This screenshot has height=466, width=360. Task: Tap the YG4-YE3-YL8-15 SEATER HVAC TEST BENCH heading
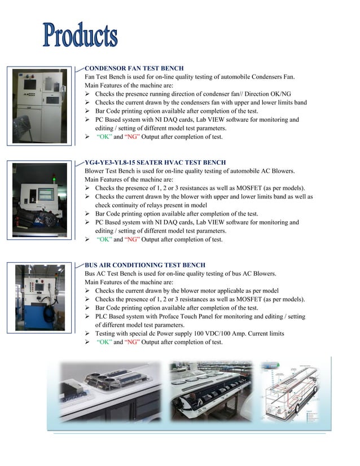(155, 162)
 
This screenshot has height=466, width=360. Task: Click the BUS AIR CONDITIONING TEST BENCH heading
(144, 265)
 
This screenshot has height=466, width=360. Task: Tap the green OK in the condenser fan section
(104, 137)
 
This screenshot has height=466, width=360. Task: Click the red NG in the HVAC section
(131, 239)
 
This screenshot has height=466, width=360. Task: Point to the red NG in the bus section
(131, 342)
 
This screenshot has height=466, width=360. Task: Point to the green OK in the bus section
(104, 342)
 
